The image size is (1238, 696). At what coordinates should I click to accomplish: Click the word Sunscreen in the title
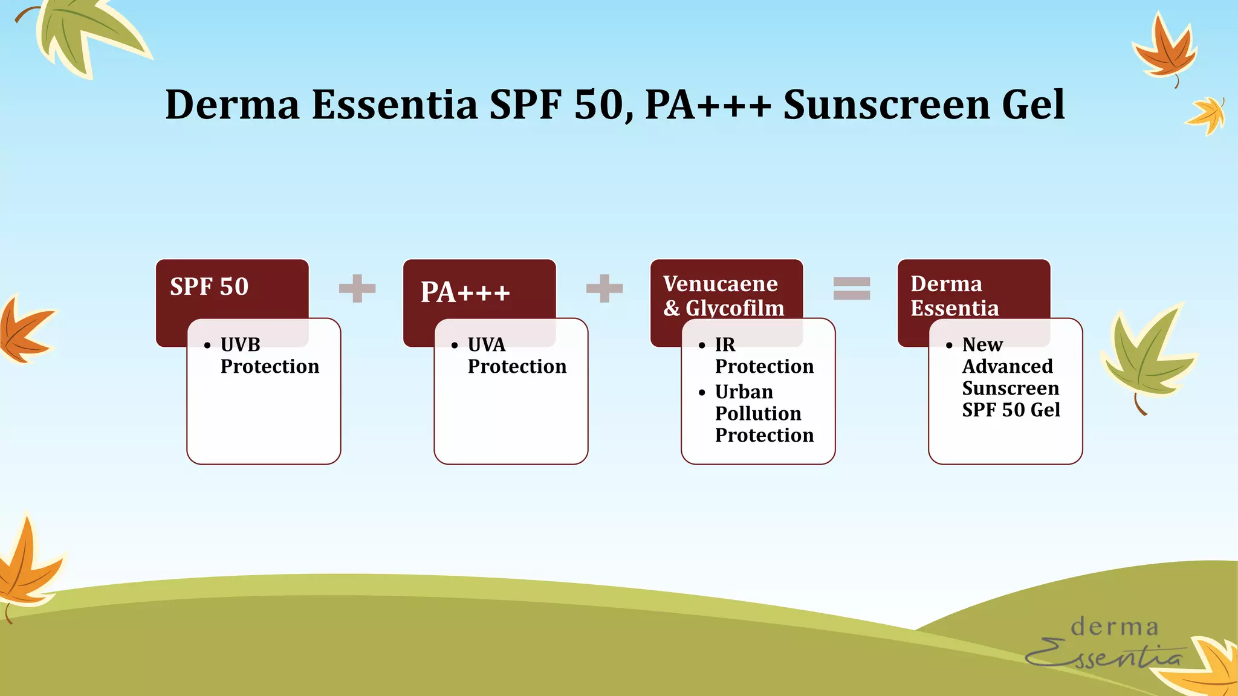[886, 105]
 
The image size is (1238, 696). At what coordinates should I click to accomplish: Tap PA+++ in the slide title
[707, 105]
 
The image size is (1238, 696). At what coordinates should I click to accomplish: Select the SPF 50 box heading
[209, 286]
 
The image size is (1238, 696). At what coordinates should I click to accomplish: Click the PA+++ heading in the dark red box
[465, 292]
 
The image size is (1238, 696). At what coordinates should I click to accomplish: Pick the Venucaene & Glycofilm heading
[723, 295]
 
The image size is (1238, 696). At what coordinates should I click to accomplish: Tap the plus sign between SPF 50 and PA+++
[357, 288]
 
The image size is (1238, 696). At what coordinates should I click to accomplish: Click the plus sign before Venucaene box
[604, 288]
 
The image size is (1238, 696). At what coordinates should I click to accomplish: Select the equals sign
[852, 288]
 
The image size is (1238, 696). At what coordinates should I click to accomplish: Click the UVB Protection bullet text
[269, 355]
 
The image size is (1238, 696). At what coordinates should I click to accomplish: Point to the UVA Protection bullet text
[516, 355]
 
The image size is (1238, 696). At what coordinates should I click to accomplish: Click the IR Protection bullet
[763, 355]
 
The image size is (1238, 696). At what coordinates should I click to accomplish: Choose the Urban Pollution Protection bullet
[763, 413]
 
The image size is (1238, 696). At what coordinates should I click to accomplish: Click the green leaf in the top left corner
[85, 33]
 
